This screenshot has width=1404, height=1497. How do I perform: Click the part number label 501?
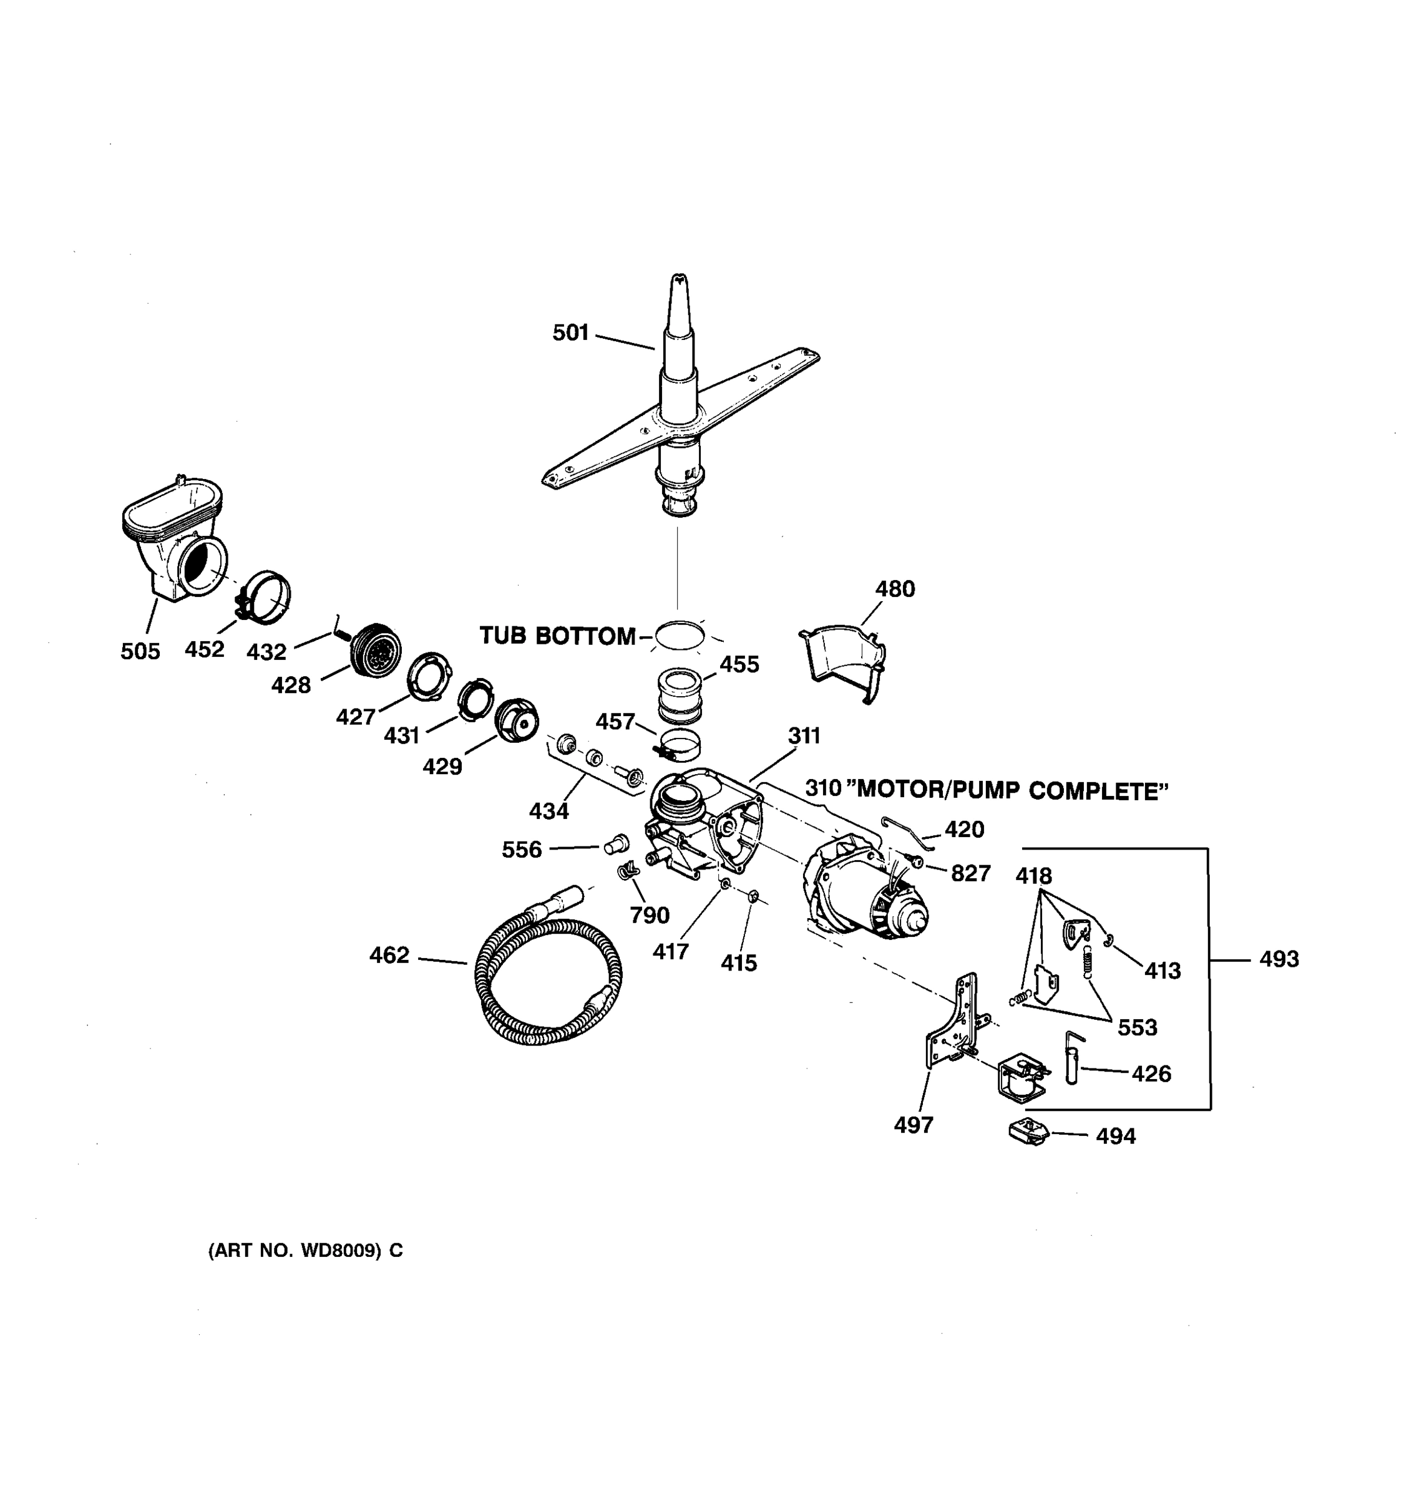point(570,333)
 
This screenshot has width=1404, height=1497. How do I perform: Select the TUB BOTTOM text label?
point(557,636)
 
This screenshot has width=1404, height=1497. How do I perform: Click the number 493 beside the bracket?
point(1279,959)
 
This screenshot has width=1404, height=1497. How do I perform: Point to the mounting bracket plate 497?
point(949,1024)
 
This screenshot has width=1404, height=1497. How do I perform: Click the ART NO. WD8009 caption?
point(305,1251)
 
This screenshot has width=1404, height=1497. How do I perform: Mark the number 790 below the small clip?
point(650,915)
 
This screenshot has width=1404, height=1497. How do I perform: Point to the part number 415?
point(738,963)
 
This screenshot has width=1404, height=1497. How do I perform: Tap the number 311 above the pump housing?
point(804,735)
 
